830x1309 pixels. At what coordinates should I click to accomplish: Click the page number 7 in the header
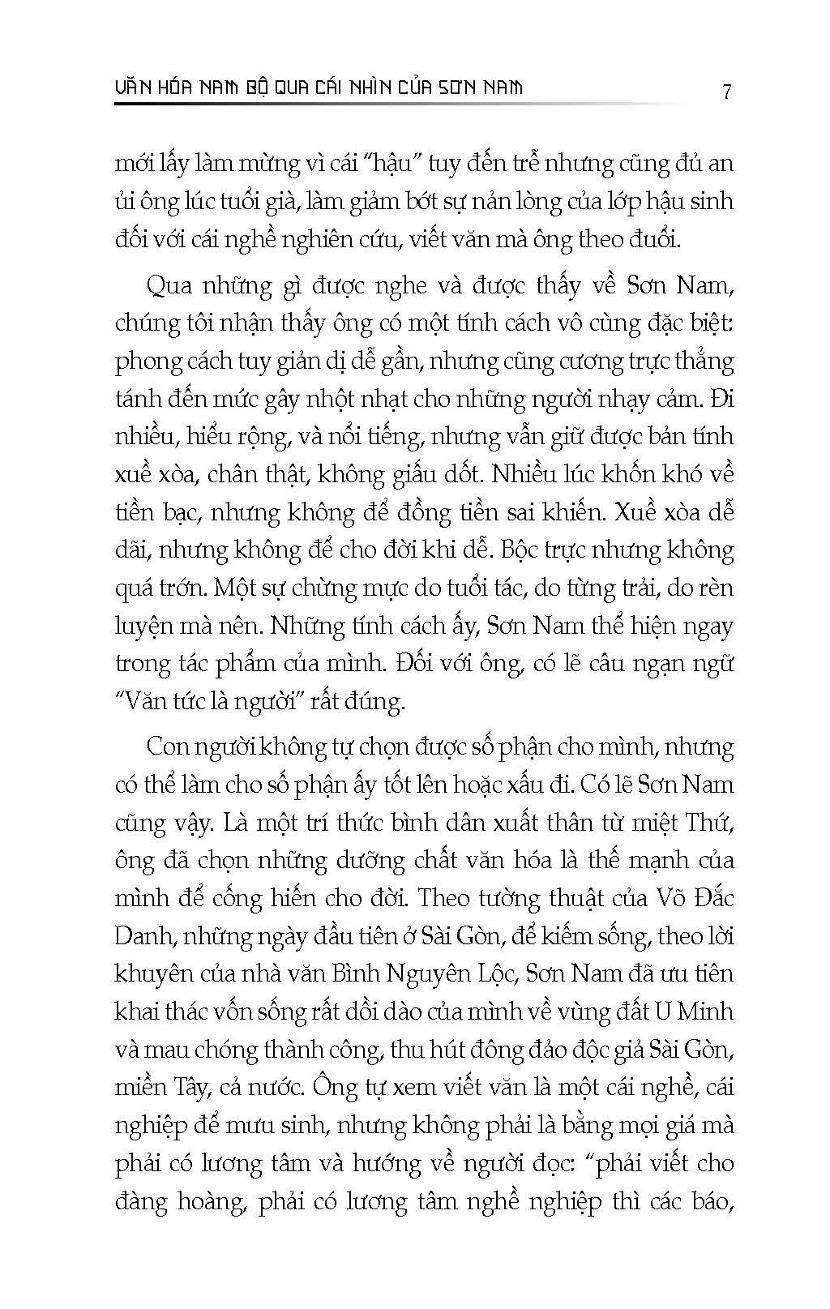point(726,91)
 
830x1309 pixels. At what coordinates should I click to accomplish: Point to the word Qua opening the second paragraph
point(168,286)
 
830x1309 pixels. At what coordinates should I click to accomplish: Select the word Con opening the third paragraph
point(167,746)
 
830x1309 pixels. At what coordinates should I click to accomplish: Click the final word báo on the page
point(707,1201)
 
